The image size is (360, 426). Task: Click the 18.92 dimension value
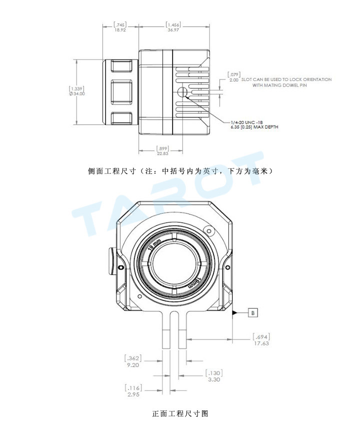coord(120,30)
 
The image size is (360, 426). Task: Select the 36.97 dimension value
coord(173,30)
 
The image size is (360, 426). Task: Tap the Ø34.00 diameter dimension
coord(77,93)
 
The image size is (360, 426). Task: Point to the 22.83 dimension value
coord(162,153)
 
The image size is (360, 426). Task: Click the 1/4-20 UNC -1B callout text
coord(246,122)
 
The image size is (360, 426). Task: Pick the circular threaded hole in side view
coord(182,92)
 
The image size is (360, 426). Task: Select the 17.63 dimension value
coord(261,343)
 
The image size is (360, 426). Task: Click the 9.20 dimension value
coord(133,365)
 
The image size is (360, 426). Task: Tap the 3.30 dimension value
coord(214,379)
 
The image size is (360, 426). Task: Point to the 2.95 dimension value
coord(133,394)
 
